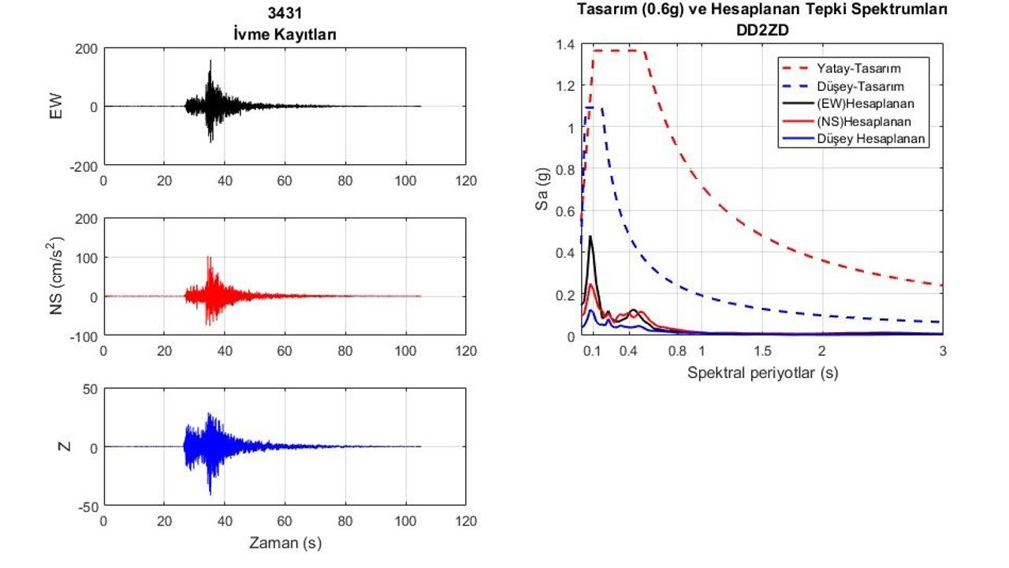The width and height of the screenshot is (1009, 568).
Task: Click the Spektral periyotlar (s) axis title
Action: [x=762, y=372]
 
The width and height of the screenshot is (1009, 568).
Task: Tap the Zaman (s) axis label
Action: [x=285, y=543]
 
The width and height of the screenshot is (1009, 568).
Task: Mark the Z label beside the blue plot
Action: [x=66, y=447]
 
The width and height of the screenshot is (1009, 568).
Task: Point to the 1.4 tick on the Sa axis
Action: [x=565, y=44]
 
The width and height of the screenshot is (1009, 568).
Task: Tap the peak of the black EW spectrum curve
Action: [x=590, y=236]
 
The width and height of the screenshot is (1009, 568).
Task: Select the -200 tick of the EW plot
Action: [x=84, y=166]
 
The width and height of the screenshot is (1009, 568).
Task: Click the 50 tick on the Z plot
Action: [x=90, y=389]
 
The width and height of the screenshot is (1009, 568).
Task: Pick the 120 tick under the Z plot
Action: [x=466, y=521]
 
